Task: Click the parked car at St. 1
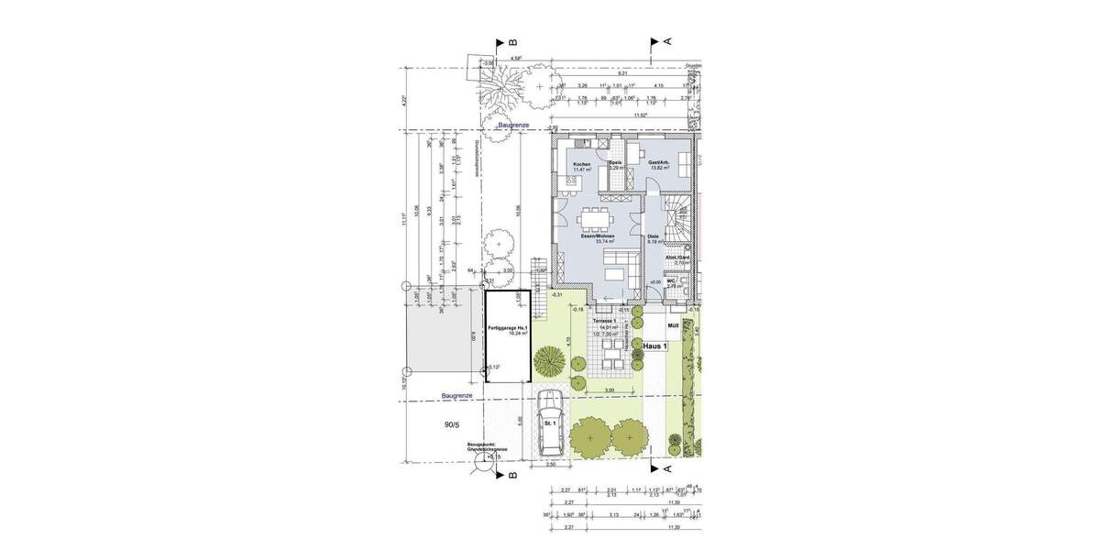[551, 422]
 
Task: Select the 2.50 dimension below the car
[551, 465]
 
